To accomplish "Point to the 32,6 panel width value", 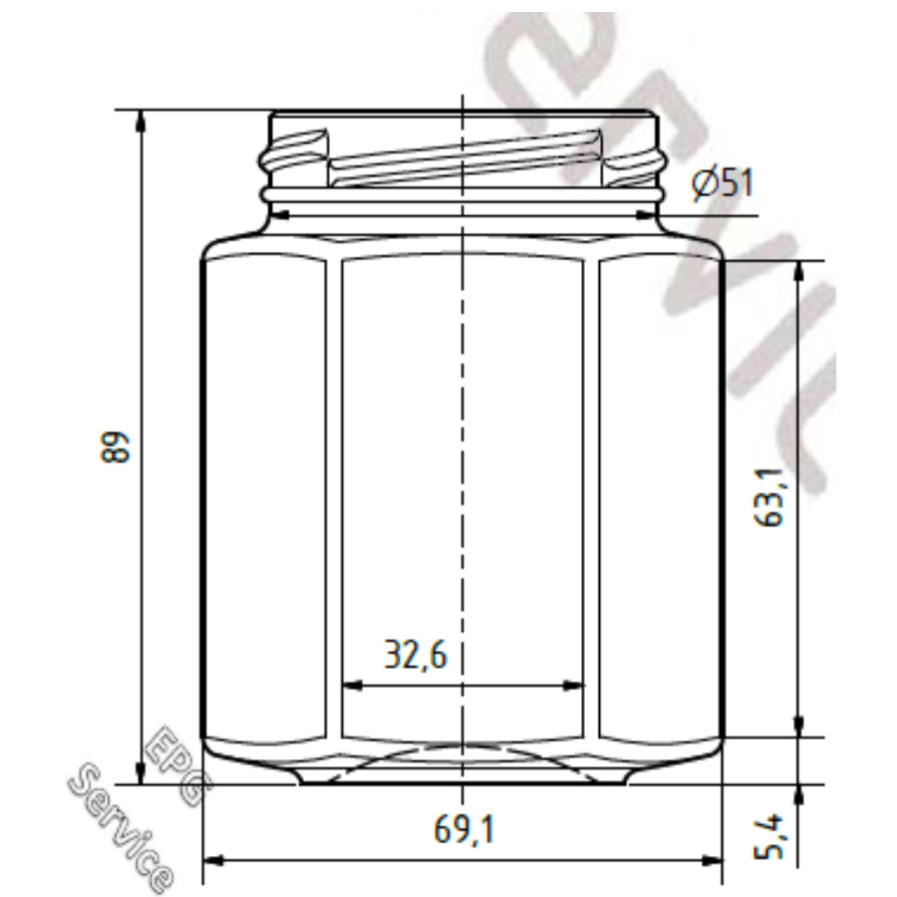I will pyautogui.click(x=416, y=655).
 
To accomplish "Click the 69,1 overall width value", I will pyautogui.click(x=463, y=829).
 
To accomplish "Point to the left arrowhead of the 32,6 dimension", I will pyautogui.click(x=352, y=685).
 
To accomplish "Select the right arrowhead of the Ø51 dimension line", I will pyautogui.click(x=649, y=214).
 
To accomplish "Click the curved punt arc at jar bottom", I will pyautogui.click(x=463, y=747).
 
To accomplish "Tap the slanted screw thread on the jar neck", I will pyautogui.click(x=463, y=159).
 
